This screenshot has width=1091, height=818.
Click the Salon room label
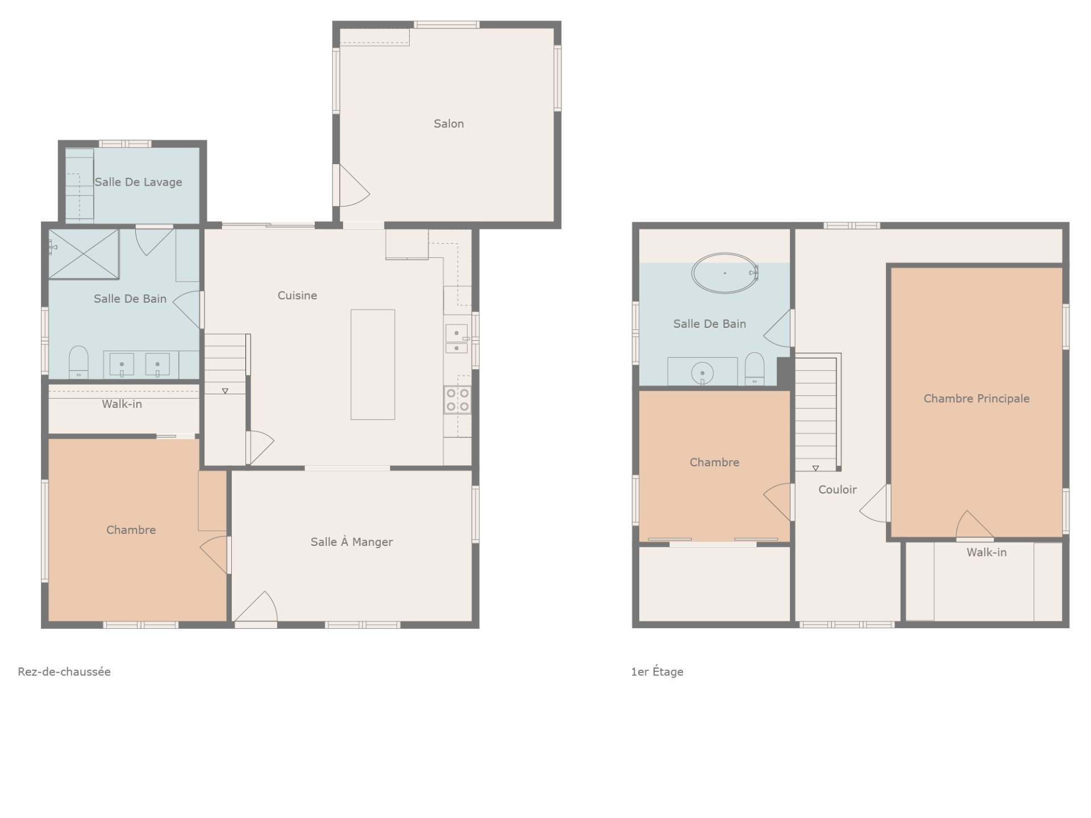(448, 124)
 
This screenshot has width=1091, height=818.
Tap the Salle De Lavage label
(138, 182)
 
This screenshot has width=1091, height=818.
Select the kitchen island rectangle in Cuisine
(373, 365)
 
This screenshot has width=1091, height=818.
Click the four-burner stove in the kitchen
(457, 399)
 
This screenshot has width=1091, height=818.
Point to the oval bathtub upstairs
(724, 273)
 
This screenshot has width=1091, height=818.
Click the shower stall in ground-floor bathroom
(84, 254)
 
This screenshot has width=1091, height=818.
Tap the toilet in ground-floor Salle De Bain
(78, 362)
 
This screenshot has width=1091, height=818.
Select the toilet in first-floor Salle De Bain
(755, 369)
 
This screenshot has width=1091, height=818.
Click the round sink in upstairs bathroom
(702, 373)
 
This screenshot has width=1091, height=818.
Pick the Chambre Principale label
(976, 399)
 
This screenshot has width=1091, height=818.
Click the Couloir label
(837, 490)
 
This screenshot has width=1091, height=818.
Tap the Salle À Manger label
(351, 542)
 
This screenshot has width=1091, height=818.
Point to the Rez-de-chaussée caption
(64, 671)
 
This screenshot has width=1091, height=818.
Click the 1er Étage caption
(657, 671)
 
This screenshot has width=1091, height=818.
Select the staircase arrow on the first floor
(815, 469)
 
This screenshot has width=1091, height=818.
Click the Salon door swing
(352, 186)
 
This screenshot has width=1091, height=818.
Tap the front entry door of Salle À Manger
(256, 608)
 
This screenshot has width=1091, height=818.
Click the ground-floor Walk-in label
(122, 404)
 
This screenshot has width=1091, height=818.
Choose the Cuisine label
(297, 295)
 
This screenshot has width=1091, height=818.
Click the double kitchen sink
(456, 339)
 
